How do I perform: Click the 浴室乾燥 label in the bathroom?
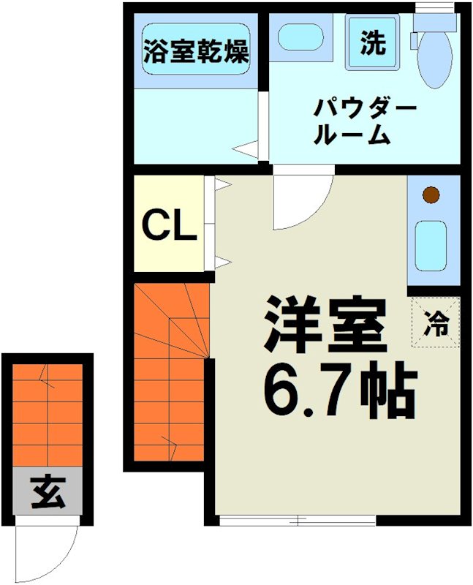pyautogui.click(x=195, y=52)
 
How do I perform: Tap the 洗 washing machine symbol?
pyautogui.click(x=372, y=43)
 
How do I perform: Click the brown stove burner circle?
pyautogui.click(x=432, y=195)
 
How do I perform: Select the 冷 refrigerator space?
pyautogui.click(x=436, y=322)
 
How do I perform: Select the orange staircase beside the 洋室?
pyautogui.click(x=170, y=373)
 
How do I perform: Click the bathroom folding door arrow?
pyautogui.click(x=245, y=150)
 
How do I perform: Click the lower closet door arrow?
pyautogui.click(x=222, y=261)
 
